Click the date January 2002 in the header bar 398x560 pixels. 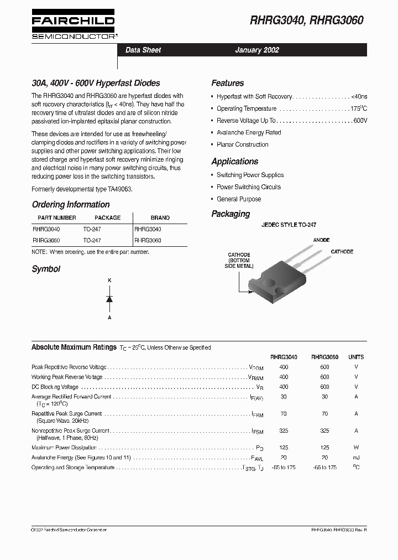pos(257,50)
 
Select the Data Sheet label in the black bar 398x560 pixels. pos(143,50)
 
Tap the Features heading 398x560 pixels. pos(227,83)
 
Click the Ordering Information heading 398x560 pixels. pos(70,204)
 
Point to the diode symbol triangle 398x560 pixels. pos(109,299)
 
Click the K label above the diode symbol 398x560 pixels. pos(109,281)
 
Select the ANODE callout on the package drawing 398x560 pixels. pos(321,240)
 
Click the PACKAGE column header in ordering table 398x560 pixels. pos(107,218)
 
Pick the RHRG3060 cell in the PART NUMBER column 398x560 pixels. pos(46,241)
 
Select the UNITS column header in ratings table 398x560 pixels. pos(356,357)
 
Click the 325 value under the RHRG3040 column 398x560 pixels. pos(284,430)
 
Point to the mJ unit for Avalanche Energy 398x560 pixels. pos(356,458)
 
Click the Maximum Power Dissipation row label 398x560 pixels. pos(64,448)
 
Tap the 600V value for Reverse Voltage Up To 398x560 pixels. pos(360,121)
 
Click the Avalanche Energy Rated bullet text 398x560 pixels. pos(249,133)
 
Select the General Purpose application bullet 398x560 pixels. pos(239,199)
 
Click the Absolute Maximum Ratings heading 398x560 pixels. pos(74,347)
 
